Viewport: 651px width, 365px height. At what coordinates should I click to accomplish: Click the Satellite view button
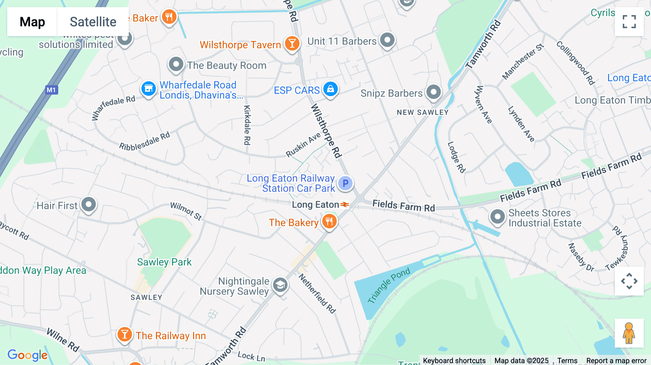(x=93, y=22)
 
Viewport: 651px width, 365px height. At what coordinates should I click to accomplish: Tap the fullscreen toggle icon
(x=629, y=22)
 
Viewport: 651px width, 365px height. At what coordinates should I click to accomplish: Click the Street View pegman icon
(x=629, y=333)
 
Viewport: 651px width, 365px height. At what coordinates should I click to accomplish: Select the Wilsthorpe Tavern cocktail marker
(x=292, y=44)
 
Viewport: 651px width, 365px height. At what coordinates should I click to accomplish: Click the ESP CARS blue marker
(x=330, y=89)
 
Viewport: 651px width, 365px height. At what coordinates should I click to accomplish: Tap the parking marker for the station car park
(x=345, y=184)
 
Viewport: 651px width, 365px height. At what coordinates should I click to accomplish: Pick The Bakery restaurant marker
(x=329, y=221)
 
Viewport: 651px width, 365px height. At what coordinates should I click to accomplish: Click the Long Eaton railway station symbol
(x=345, y=205)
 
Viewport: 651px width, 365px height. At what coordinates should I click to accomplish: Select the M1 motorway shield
(x=51, y=90)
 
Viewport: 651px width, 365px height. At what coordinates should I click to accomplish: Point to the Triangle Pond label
(x=389, y=285)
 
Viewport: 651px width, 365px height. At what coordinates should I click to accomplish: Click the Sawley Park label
(x=164, y=262)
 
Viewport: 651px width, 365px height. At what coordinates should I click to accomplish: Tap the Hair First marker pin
(x=89, y=205)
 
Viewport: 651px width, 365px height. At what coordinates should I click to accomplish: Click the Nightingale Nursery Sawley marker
(x=280, y=285)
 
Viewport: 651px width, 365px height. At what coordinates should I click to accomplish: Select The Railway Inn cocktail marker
(x=124, y=334)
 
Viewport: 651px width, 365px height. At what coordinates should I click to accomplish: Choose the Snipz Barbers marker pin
(x=433, y=92)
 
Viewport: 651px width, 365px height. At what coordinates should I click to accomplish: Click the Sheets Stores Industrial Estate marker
(x=497, y=217)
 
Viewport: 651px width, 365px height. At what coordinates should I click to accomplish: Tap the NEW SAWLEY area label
(x=422, y=112)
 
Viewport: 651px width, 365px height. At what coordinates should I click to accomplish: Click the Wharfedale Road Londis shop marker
(x=148, y=89)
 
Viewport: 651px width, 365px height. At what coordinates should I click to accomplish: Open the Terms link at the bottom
(x=567, y=360)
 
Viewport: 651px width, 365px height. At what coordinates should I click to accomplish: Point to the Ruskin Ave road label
(x=303, y=145)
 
